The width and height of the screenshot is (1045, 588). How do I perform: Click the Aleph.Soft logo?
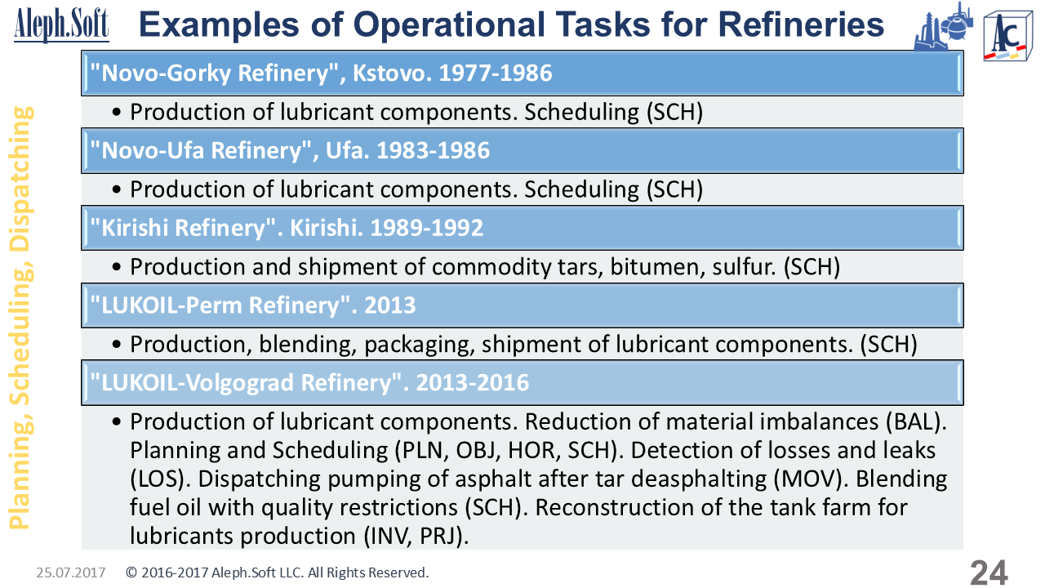(x=61, y=24)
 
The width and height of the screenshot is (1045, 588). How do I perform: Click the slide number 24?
(x=989, y=572)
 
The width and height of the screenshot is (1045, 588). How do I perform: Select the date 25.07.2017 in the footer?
(x=71, y=572)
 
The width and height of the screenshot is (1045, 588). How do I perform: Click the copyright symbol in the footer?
(x=131, y=572)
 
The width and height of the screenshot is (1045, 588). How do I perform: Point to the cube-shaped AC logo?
(x=1007, y=37)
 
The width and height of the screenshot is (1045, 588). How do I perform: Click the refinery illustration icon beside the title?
(x=943, y=27)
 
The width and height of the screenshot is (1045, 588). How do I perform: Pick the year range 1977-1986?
(x=496, y=73)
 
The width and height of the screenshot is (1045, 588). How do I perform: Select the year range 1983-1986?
(x=433, y=151)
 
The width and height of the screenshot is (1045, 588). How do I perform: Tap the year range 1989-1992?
(x=427, y=228)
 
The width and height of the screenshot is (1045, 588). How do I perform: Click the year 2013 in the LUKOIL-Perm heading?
(x=389, y=305)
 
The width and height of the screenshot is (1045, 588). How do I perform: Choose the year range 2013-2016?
(x=472, y=383)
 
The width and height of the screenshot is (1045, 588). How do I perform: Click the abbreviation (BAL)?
(x=916, y=422)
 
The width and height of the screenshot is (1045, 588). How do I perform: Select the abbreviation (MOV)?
(x=811, y=479)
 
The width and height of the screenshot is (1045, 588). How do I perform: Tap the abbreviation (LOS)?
(x=159, y=479)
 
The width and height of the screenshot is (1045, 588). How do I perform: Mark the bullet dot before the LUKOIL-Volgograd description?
(x=117, y=422)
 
